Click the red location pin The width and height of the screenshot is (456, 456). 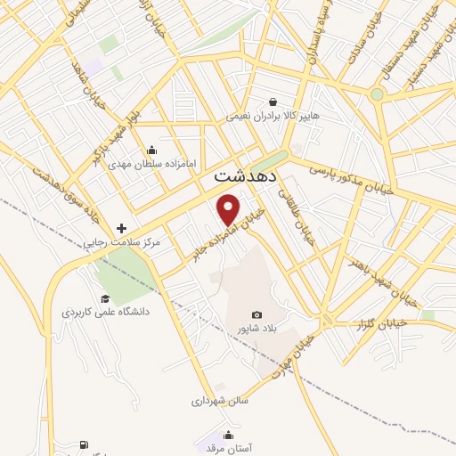229,208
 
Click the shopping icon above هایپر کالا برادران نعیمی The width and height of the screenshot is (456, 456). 272,102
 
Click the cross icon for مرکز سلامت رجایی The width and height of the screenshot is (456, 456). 122,229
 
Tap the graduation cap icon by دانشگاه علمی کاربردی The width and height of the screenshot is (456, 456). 105,298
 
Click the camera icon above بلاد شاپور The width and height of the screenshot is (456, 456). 257,314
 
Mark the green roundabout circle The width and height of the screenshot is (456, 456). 377,94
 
